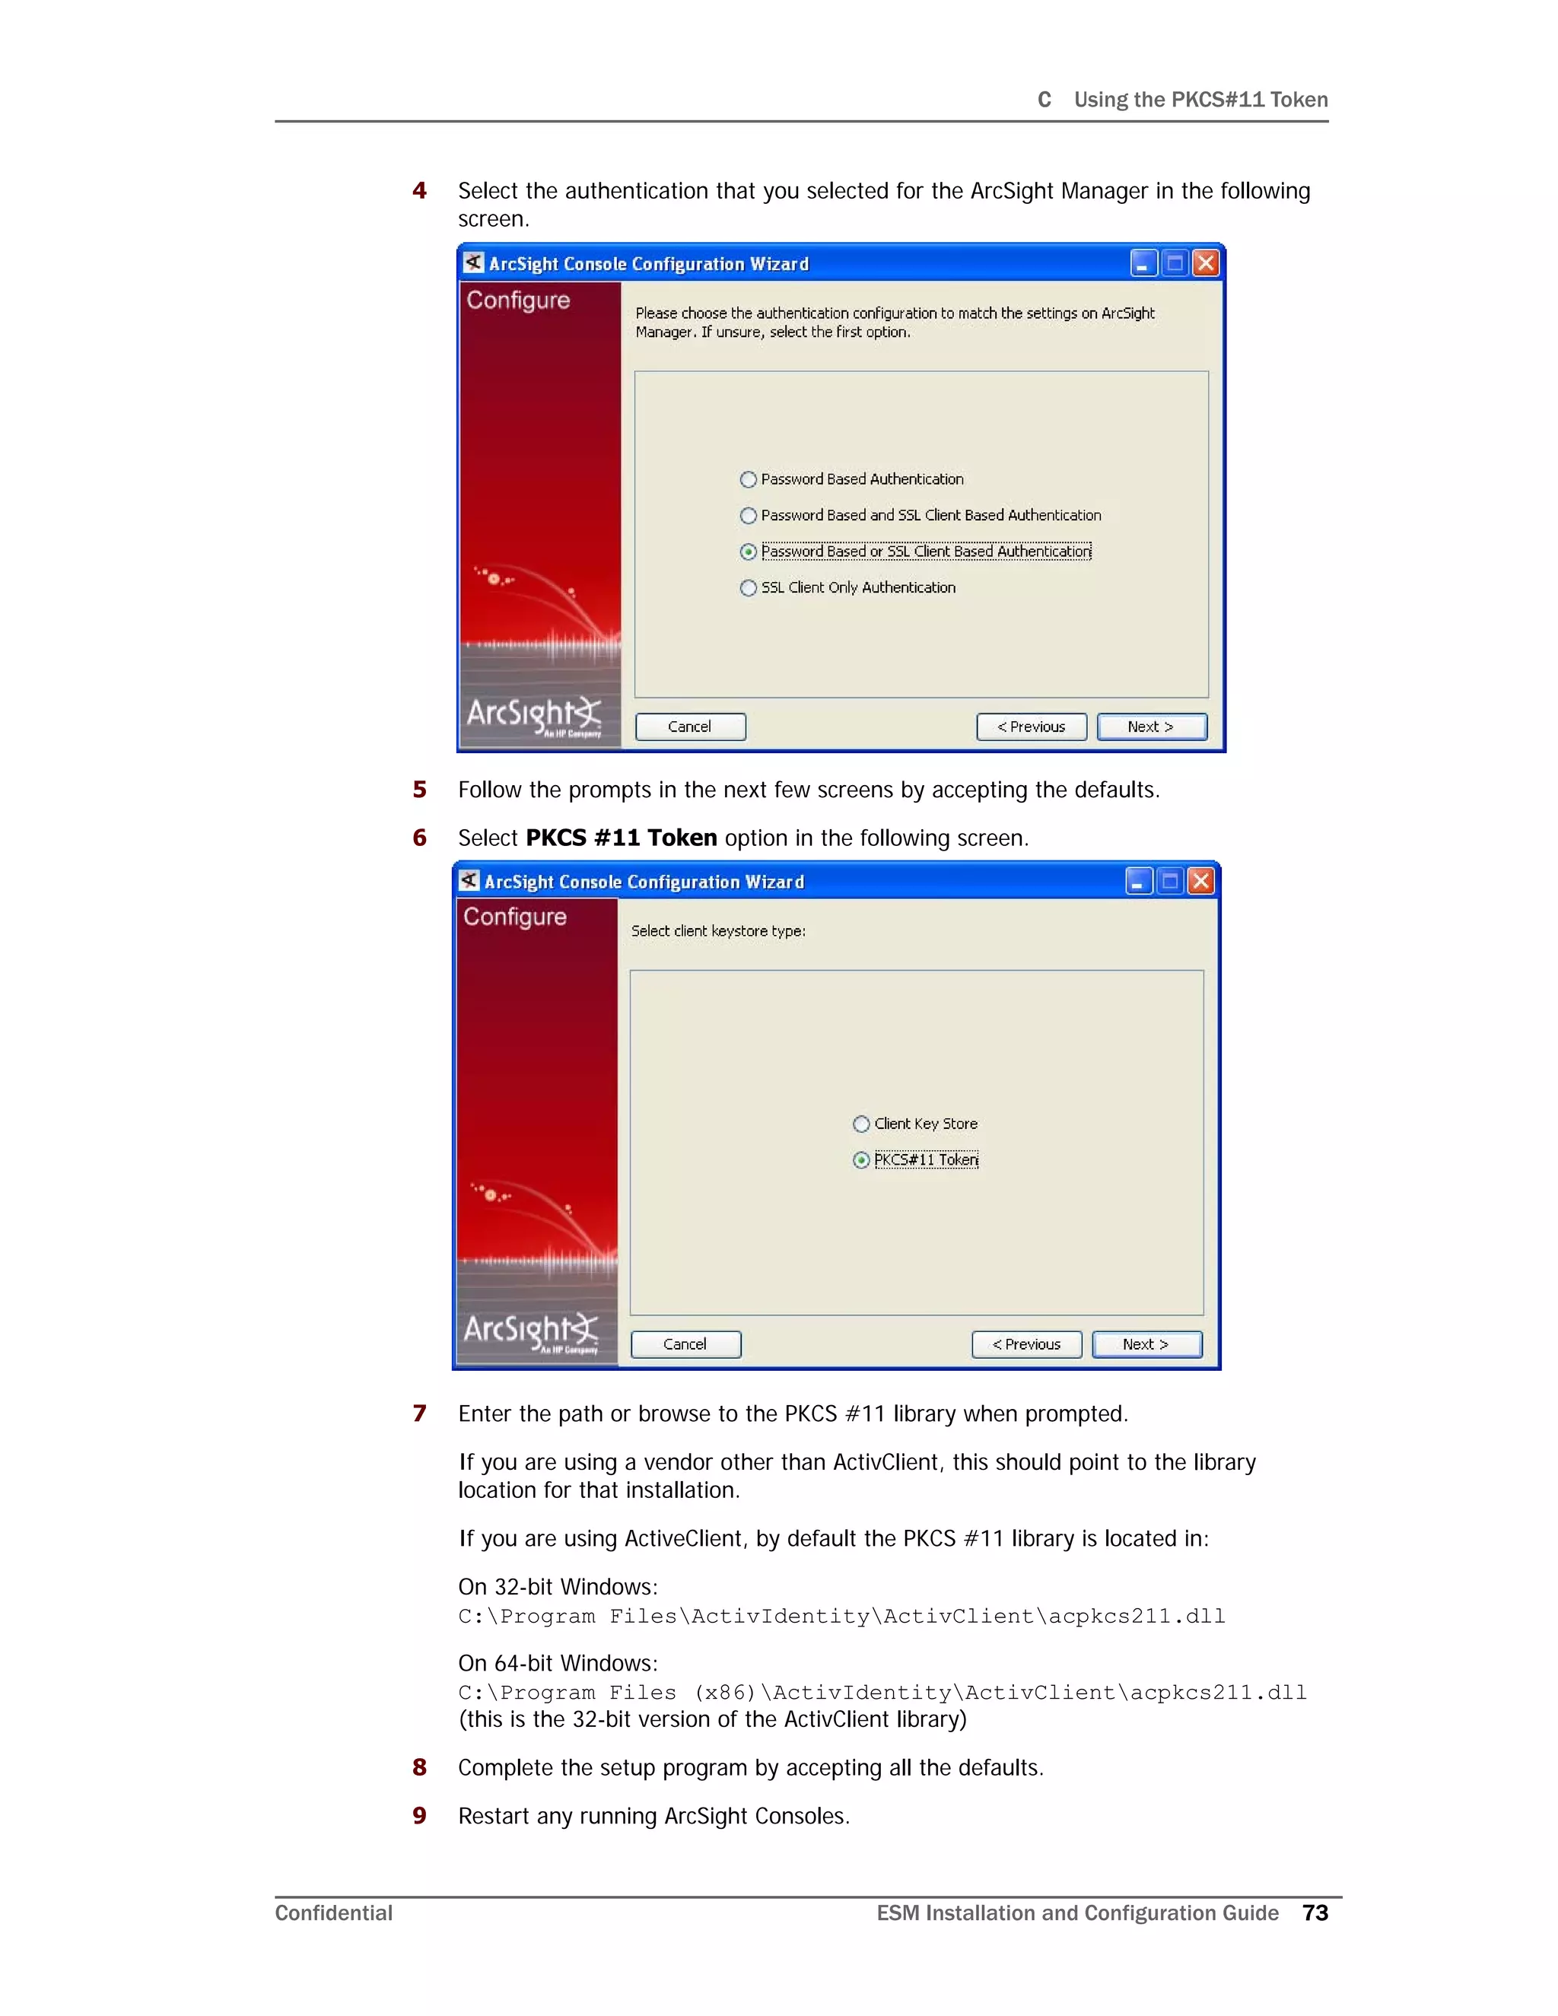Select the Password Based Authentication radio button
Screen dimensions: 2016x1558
[x=749, y=479]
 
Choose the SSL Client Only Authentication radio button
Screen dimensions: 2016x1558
[x=749, y=588]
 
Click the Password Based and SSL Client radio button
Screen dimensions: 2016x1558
[x=749, y=515]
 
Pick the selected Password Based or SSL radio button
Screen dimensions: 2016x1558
[x=749, y=552]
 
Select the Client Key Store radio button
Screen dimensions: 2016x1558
[x=861, y=1124]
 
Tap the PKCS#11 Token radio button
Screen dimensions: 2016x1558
[x=861, y=1160]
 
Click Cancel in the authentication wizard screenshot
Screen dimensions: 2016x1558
[x=689, y=727]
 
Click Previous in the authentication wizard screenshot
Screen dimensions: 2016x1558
[x=1031, y=727]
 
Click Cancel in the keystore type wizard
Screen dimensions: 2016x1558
[x=685, y=1345]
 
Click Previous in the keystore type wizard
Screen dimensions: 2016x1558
[x=1026, y=1345]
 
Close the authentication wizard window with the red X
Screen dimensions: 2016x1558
[x=1206, y=264]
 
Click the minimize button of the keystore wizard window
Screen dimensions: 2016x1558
[x=1139, y=882]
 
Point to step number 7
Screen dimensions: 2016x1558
[x=420, y=1413]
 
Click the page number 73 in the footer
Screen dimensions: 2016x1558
[x=1315, y=1913]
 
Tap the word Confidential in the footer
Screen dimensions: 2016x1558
[x=333, y=1913]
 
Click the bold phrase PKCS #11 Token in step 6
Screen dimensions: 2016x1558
[x=622, y=838]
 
